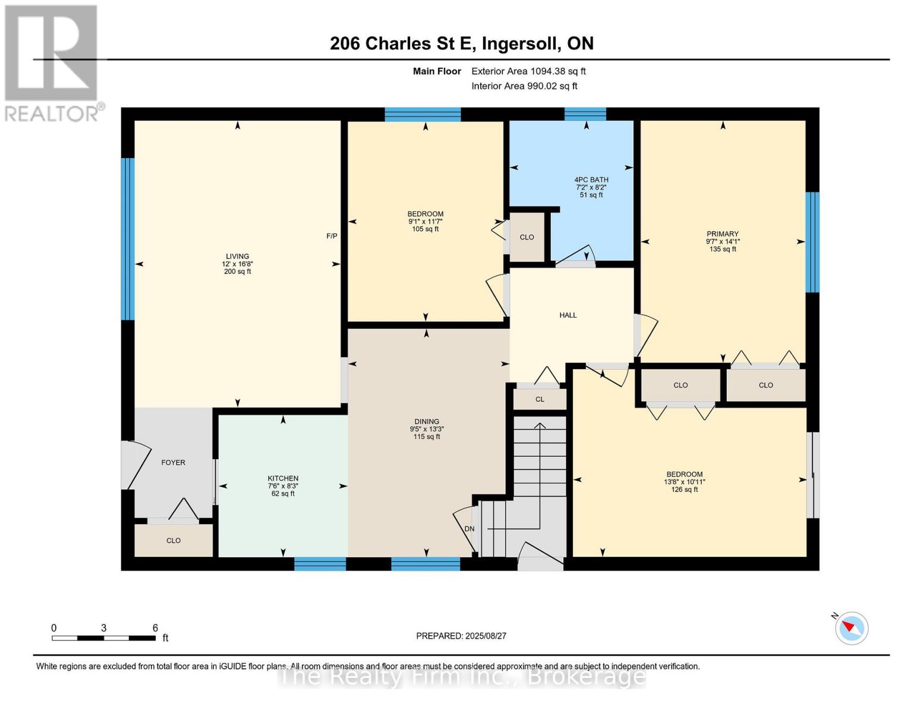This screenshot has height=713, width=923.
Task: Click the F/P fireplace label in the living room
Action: (x=332, y=236)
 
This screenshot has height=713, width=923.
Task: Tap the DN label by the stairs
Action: (x=470, y=529)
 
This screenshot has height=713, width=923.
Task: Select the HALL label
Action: (x=568, y=315)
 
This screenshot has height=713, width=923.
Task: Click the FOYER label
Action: (x=174, y=462)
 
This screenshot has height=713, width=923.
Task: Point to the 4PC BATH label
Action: (x=591, y=179)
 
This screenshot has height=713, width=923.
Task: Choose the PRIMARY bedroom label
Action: (x=723, y=234)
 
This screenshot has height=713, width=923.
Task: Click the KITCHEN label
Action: (x=283, y=478)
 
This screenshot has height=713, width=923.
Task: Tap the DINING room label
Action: (x=427, y=422)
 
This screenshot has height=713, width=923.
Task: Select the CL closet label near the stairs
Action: (x=540, y=399)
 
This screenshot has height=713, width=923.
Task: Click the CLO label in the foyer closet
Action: (x=174, y=541)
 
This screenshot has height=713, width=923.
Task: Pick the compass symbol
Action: (x=851, y=627)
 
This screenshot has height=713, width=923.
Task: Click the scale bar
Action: (x=103, y=638)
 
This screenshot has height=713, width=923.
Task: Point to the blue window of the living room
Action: (x=128, y=239)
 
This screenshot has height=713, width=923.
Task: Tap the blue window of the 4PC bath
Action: (x=585, y=114)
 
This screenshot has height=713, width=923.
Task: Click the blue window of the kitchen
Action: (x=320, y=563)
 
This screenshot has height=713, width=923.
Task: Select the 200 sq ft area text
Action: (x=238, y=272)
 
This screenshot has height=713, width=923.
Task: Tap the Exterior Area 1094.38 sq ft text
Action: (x=528, y=71)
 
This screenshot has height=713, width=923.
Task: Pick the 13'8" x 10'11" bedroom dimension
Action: (x=684, y=482)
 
